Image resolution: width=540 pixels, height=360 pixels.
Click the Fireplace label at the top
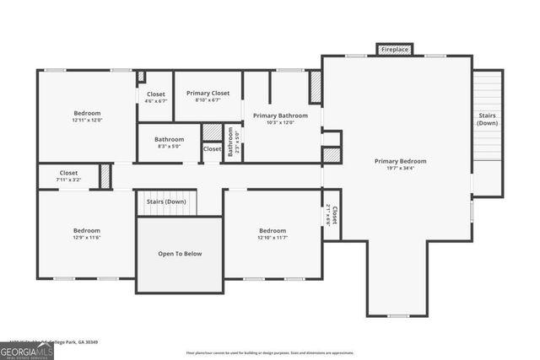pos(395,51)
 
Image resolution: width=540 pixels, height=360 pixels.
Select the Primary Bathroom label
pos(280,116)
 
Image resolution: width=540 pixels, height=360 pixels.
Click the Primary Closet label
pos(208,94)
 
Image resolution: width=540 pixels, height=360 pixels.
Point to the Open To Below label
pos(180,254)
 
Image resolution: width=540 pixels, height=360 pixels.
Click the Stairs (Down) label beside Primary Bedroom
pos(488,119)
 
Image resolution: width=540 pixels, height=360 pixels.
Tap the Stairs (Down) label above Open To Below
pos(165,201)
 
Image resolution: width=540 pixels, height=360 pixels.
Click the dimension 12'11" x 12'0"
pos(87,120)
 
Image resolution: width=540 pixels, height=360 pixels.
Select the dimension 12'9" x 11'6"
pos(86,238)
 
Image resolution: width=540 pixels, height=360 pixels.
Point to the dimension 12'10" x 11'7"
pos(273,238)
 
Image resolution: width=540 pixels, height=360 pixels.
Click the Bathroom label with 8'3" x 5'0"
pos(169,139)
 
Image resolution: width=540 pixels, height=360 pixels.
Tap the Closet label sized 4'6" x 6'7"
pos(156,94)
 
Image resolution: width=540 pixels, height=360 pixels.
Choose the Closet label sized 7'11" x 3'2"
pos(68,172)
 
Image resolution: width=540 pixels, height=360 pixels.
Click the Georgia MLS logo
pos(26,348)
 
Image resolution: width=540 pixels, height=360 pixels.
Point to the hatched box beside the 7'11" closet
pos(105,176)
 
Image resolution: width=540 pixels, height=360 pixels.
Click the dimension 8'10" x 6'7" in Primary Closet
pos(208,100)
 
